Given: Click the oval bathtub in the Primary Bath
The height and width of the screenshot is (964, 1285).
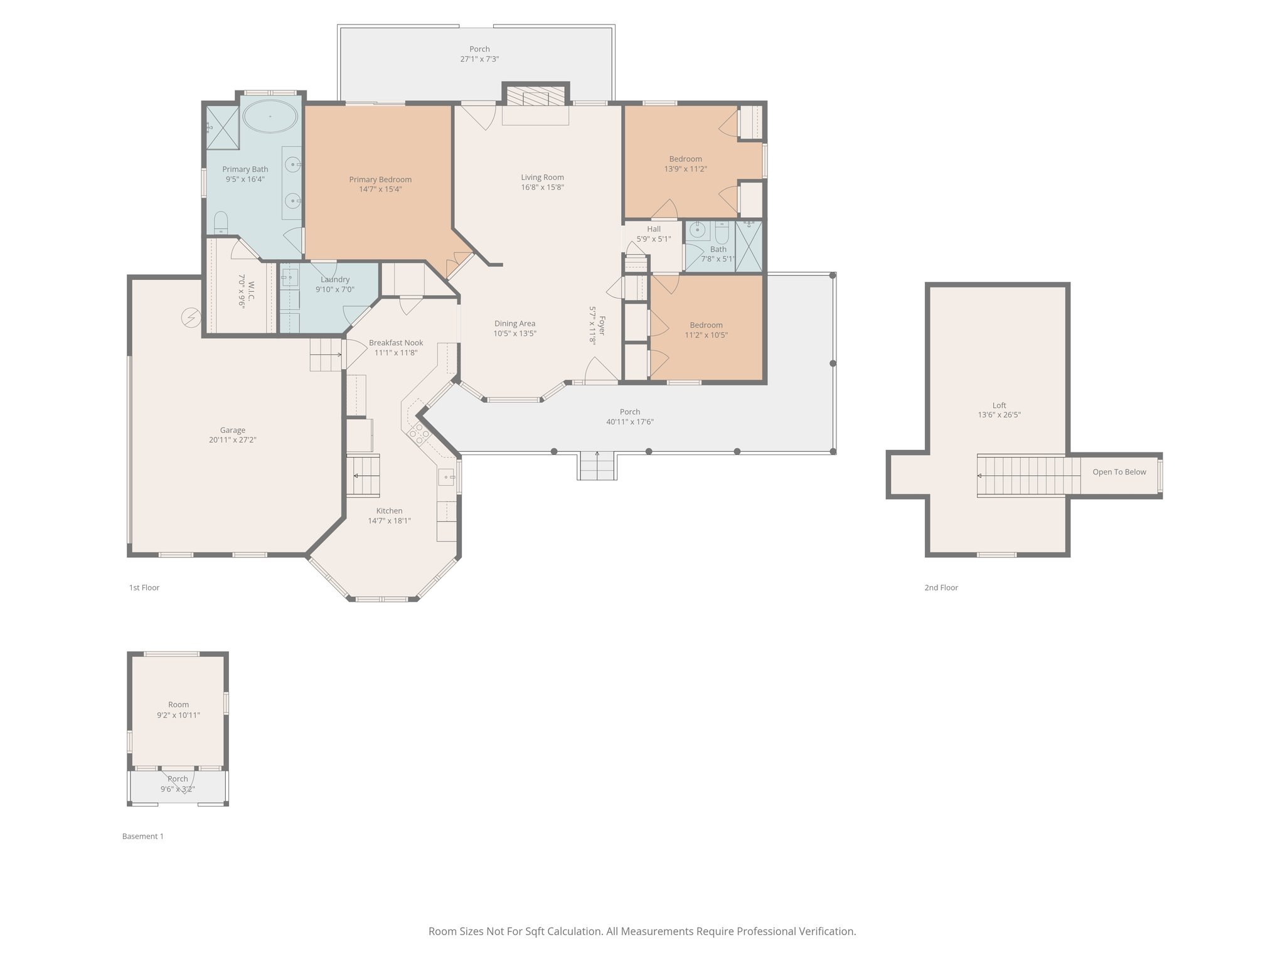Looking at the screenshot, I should (270, 116).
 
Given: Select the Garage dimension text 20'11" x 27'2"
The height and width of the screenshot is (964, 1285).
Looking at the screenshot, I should (232, 440).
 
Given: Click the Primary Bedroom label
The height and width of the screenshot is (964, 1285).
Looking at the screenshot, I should (380, 179).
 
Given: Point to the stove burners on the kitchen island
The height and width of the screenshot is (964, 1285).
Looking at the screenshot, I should (419, 434).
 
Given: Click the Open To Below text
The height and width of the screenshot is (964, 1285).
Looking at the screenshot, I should (1119, 472).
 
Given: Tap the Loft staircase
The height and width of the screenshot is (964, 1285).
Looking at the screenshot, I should (1020, 476).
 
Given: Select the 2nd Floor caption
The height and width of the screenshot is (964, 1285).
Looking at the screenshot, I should (941, 587).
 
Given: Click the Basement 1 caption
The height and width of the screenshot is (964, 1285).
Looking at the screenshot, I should (142, 836).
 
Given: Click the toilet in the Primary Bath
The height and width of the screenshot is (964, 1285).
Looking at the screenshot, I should (221, 222).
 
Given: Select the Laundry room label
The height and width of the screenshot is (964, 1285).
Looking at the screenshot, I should (335, 279).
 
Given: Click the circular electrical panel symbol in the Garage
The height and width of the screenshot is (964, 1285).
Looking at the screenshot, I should (190, 318).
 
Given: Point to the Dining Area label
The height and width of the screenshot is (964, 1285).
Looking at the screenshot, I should (515, 323).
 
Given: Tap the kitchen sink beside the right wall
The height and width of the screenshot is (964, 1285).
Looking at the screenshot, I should (446, 478).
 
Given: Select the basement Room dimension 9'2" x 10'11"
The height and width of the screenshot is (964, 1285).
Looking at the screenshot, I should (178, 715).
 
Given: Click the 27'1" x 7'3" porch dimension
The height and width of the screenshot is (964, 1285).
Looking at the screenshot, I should (479, 59).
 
